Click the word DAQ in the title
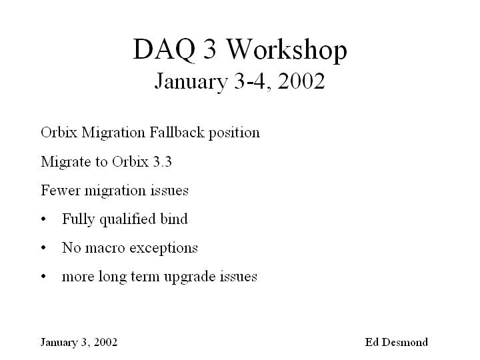tap(164, 49)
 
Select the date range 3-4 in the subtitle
tap(249, 81)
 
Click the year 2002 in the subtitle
tap(301, 81)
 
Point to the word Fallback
tap(177, 132)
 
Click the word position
tap(234, 133)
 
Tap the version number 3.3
tap(162, 161)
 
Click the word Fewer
tap(60, 190)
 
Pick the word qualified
tap(125, 219)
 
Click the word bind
tap(174, 219)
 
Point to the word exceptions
tap(164, 249)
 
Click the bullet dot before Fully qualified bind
tap(43, 219)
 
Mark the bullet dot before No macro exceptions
tap(43, 247)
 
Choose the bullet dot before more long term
tap(43, 277)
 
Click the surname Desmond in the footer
tap(405, 342)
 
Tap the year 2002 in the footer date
tap(105, 342)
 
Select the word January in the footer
tap(59, 343)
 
